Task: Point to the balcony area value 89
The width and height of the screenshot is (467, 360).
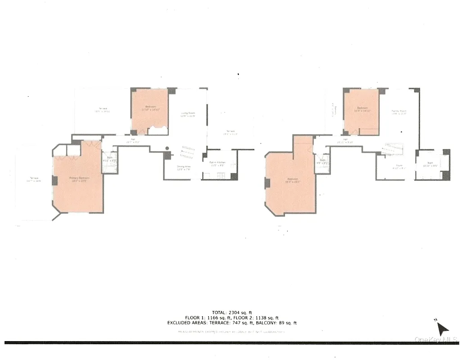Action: (282, 323)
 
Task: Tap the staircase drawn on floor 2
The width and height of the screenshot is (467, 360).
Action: (392, 149)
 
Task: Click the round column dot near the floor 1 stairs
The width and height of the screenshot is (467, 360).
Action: (167, 148)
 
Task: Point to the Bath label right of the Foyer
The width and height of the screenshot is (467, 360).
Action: (431, 166)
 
